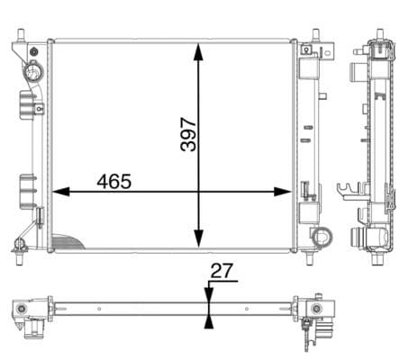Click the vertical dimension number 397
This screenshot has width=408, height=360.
pyautogui.click(x=187, y=132)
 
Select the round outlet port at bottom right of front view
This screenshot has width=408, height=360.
pyautogui.click(x=320, y=237)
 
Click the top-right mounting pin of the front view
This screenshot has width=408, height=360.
pyautogui.click(x=315, y=38)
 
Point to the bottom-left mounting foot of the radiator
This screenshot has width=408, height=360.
pyautogui.click(x=19, y=244)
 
